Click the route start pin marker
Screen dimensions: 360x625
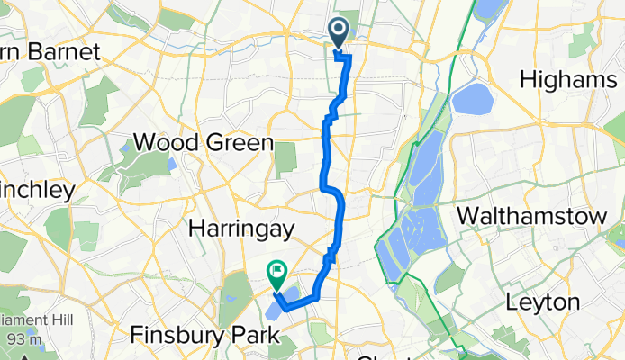[x=340, y=32]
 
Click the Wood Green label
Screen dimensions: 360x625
[x=203, y=143]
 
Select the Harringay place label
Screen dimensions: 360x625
[x=241, y=229]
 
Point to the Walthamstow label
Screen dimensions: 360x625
[x=522, y=216]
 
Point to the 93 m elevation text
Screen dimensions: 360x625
[x=19, y=339]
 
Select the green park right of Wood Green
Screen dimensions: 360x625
[x=285, y=158]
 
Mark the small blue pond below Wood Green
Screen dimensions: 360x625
[x=170, y=165]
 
